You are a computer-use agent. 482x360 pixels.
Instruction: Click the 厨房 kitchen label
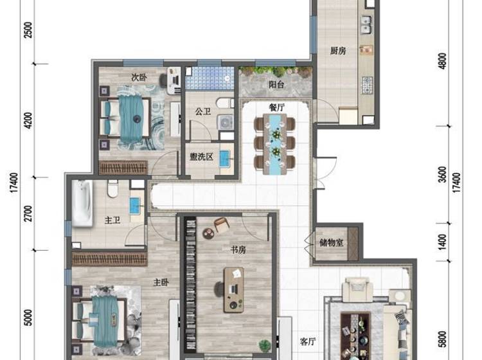338,50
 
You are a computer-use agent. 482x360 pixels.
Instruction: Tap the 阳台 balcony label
276,84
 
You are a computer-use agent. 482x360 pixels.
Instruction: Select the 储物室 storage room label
332,243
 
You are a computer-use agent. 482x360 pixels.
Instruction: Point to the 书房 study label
238,250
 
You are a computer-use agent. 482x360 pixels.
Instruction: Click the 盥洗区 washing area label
201,157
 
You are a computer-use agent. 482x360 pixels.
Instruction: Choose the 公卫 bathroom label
203,111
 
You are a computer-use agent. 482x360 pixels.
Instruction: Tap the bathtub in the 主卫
82,204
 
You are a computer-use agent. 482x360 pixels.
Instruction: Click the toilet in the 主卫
113,188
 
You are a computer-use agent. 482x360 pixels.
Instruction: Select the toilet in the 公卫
225,103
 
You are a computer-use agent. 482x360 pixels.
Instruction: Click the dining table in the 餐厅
275,145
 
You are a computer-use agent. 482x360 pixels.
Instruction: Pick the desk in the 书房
234,290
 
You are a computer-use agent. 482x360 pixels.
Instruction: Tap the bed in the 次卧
125,118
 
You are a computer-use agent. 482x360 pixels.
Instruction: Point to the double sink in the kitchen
366,25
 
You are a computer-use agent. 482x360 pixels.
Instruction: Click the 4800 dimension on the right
443,61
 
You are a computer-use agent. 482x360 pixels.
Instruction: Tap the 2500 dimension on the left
28,30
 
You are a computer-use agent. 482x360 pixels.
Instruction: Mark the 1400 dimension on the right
443,242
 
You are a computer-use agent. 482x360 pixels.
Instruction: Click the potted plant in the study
265,345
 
